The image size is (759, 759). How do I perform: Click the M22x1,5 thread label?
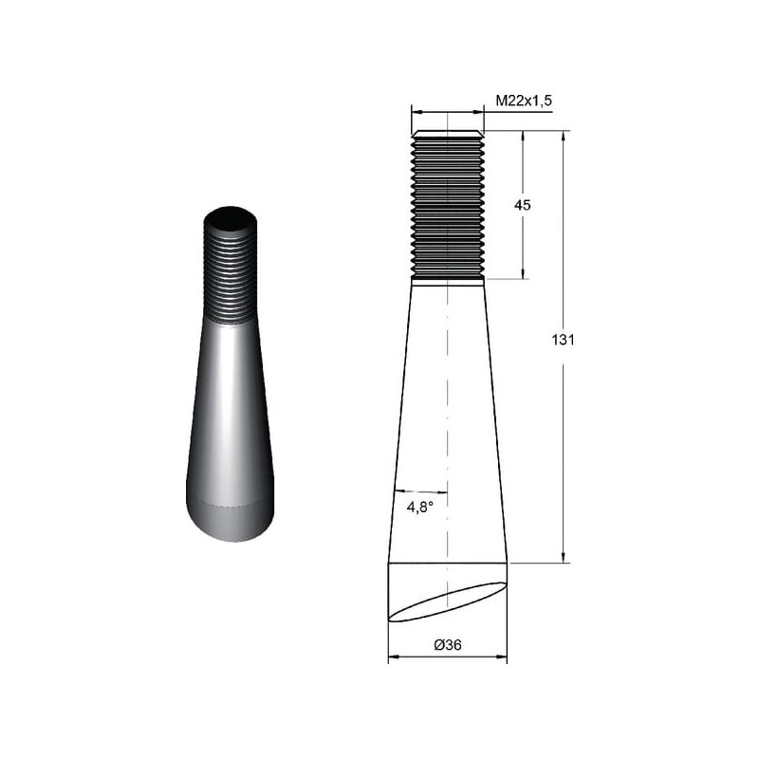[x=524, y=101]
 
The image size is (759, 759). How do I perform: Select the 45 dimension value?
[x=523, y=205]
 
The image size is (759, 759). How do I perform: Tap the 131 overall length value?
[x=563, y=340]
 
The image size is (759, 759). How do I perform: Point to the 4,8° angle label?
[x=419, y=508]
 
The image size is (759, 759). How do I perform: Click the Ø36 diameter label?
[x=448, y=645]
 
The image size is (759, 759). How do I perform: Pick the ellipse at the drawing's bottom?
[x=448, y=602]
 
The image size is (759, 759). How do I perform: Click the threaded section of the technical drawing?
[x=448, y=207]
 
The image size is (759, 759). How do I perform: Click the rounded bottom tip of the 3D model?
[x=231, y=522]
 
